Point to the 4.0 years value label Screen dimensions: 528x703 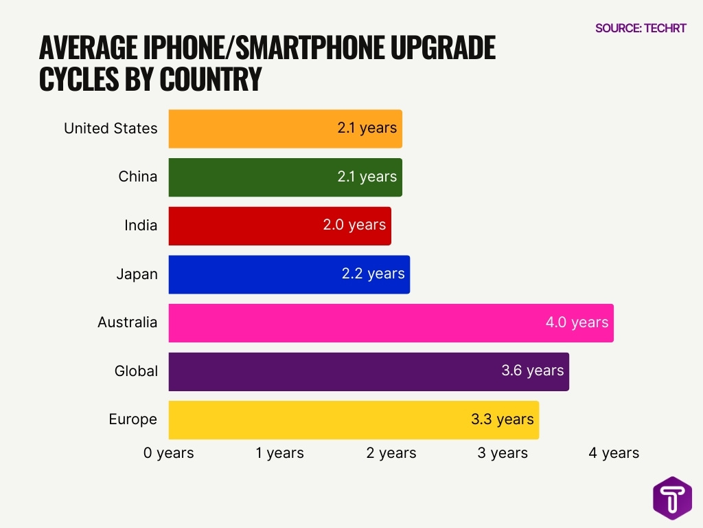click(x=577, y=322)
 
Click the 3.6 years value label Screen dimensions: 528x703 click(x=532, y=371)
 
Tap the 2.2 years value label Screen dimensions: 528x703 click(x=373, y=274)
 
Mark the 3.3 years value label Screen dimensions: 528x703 click(x=502, y=419)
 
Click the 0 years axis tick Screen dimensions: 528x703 click(x=169, y=453)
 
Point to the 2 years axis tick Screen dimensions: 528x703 click(x=391, y=453)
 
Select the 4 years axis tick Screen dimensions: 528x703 click(x=614, y=453)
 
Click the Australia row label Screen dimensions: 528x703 click(x=127, y=322)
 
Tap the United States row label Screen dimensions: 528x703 click(x=111, y=129)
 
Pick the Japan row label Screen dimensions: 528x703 click(x=137, y=274)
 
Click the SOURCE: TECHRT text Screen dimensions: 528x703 click(x=641, y=28)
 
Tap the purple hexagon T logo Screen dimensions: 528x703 click(x=672, y=498)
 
